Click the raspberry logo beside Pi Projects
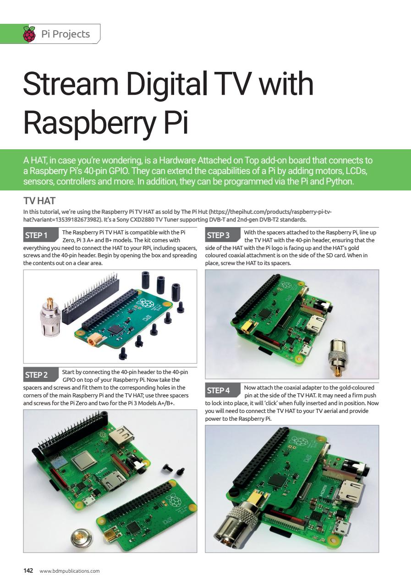29,34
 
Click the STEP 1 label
37,235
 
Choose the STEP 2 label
37,375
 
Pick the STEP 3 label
219,235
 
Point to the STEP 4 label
219,391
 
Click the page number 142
28,570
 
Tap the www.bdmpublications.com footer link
70,571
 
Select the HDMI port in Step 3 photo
316,326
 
